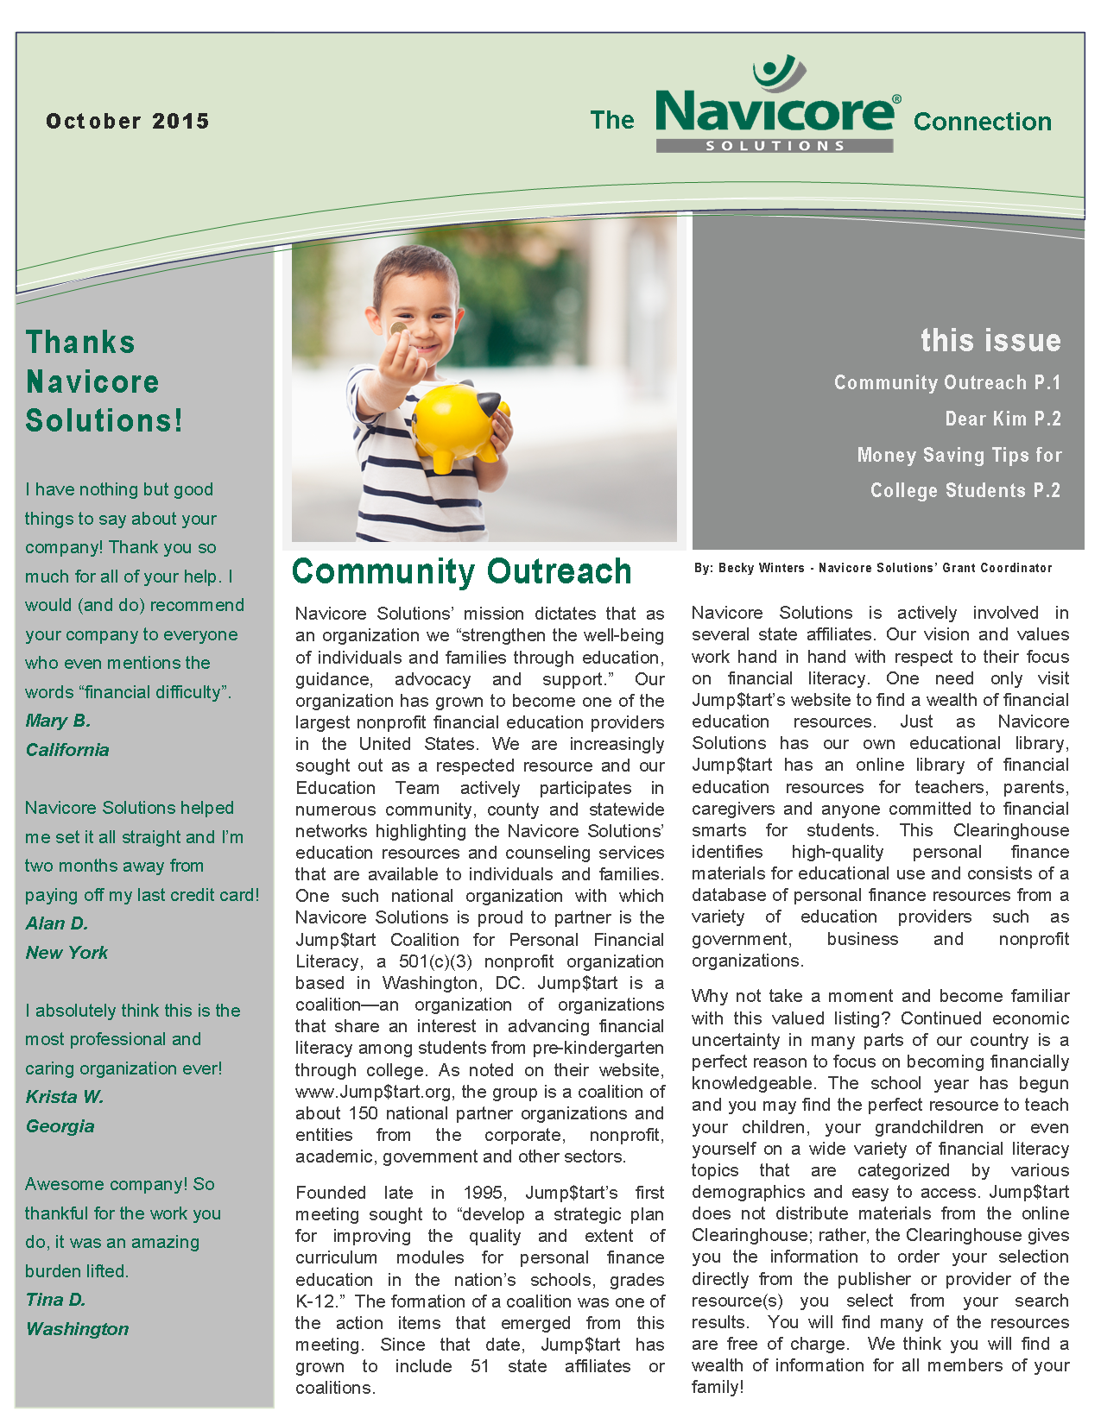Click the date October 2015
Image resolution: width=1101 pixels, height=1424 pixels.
(x=128, y=121)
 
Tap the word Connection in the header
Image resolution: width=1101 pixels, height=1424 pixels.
(x=983, y=122)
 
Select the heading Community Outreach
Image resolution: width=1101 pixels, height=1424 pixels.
(x=462, y=571)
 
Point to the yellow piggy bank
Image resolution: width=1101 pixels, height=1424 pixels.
(x=458, y=423)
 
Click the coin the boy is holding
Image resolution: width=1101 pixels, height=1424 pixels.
(x=398, y=329)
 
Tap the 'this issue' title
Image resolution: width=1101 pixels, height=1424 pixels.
(x=990, y=340)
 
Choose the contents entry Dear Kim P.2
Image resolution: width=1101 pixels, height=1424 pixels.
(x=1003, y=419)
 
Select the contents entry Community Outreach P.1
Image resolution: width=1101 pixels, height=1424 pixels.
(x=946, y=382)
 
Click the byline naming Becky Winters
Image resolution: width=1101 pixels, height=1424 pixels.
(x=872, y=568)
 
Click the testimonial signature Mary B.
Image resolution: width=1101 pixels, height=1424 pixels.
(x=58, y=721)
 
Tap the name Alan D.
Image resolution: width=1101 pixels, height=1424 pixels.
(x=57, y=923)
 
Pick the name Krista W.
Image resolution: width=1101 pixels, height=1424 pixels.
(x=65, y=1097)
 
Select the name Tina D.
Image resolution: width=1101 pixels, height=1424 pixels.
(x=56, y=1300)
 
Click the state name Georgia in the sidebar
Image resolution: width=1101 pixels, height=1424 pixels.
(x=60, y=1126)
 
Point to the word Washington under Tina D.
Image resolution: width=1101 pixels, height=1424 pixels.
(x=78, y=1329)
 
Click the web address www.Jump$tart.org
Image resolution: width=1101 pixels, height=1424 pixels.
(x=373, y=1092)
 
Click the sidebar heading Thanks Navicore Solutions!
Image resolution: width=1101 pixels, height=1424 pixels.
(x=104, y=381)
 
